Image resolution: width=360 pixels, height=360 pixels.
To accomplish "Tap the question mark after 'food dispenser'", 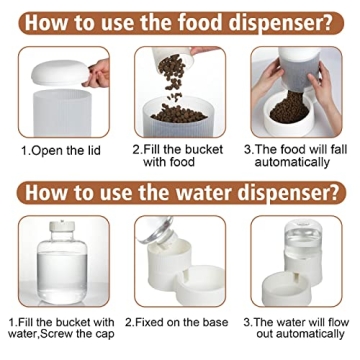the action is pos(327,22).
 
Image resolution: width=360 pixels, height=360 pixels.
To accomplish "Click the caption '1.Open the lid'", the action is pos(61,151).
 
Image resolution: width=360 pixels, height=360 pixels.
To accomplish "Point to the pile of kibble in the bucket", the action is pos(179,113).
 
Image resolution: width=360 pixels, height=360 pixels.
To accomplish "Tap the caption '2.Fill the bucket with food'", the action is pos(178,156).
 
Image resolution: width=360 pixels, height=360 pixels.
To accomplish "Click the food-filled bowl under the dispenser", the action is pos(289,113).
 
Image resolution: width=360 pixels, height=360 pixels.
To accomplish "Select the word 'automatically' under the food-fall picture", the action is pos(292,162).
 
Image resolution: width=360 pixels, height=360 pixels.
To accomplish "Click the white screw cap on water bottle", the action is pos(62,226).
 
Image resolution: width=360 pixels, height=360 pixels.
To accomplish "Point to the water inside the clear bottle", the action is pos(62,273).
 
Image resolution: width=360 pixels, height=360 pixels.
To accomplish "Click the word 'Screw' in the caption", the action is pos(69,334).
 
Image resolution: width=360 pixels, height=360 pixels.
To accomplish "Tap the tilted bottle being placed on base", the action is pos(157,230).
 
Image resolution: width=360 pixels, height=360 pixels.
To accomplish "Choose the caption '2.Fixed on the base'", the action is pos(177,322).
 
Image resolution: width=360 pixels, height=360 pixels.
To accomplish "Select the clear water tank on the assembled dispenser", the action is pos(303,239).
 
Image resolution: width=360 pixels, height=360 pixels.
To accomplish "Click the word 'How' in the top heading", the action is pos(43,22).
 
